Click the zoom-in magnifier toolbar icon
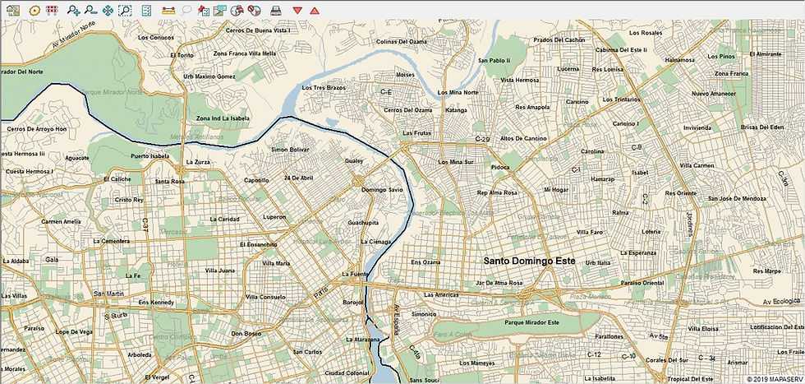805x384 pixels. point(74,10)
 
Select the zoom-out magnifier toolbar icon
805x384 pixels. point(90,10)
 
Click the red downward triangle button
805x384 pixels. point(297,10)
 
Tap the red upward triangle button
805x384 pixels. point(315,10)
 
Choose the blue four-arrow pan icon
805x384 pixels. point(108,10)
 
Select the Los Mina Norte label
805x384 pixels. point(458,92)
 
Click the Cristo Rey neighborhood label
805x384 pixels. point(130,200)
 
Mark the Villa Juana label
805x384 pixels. point(220,270)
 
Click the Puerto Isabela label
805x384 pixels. point(149,155)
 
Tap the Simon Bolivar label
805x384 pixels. point(290,150)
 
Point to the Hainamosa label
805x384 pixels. point(680,59)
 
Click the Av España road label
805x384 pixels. point(396,313)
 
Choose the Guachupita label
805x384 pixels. point(363,223)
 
